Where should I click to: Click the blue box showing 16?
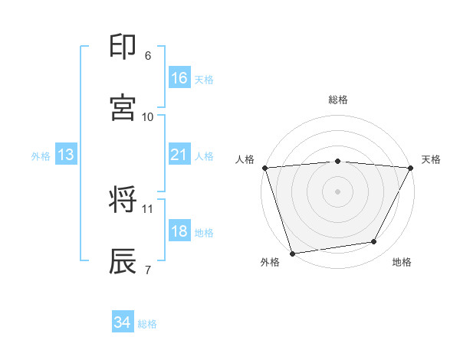(179, 78)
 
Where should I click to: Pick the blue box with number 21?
(179, 155)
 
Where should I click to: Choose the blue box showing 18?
(179, 231)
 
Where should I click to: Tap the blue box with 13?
(65, 155)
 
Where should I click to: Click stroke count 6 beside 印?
(148, 55)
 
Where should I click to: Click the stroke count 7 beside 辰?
(148, 270)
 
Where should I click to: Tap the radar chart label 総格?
(338, 100)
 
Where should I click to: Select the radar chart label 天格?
(431, 159)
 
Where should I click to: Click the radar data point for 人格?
(264, 168)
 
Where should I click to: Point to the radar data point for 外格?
(292, 253)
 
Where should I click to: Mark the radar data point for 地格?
(374, 242)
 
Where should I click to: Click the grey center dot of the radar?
(338, 191)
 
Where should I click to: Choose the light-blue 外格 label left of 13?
(41, 156)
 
